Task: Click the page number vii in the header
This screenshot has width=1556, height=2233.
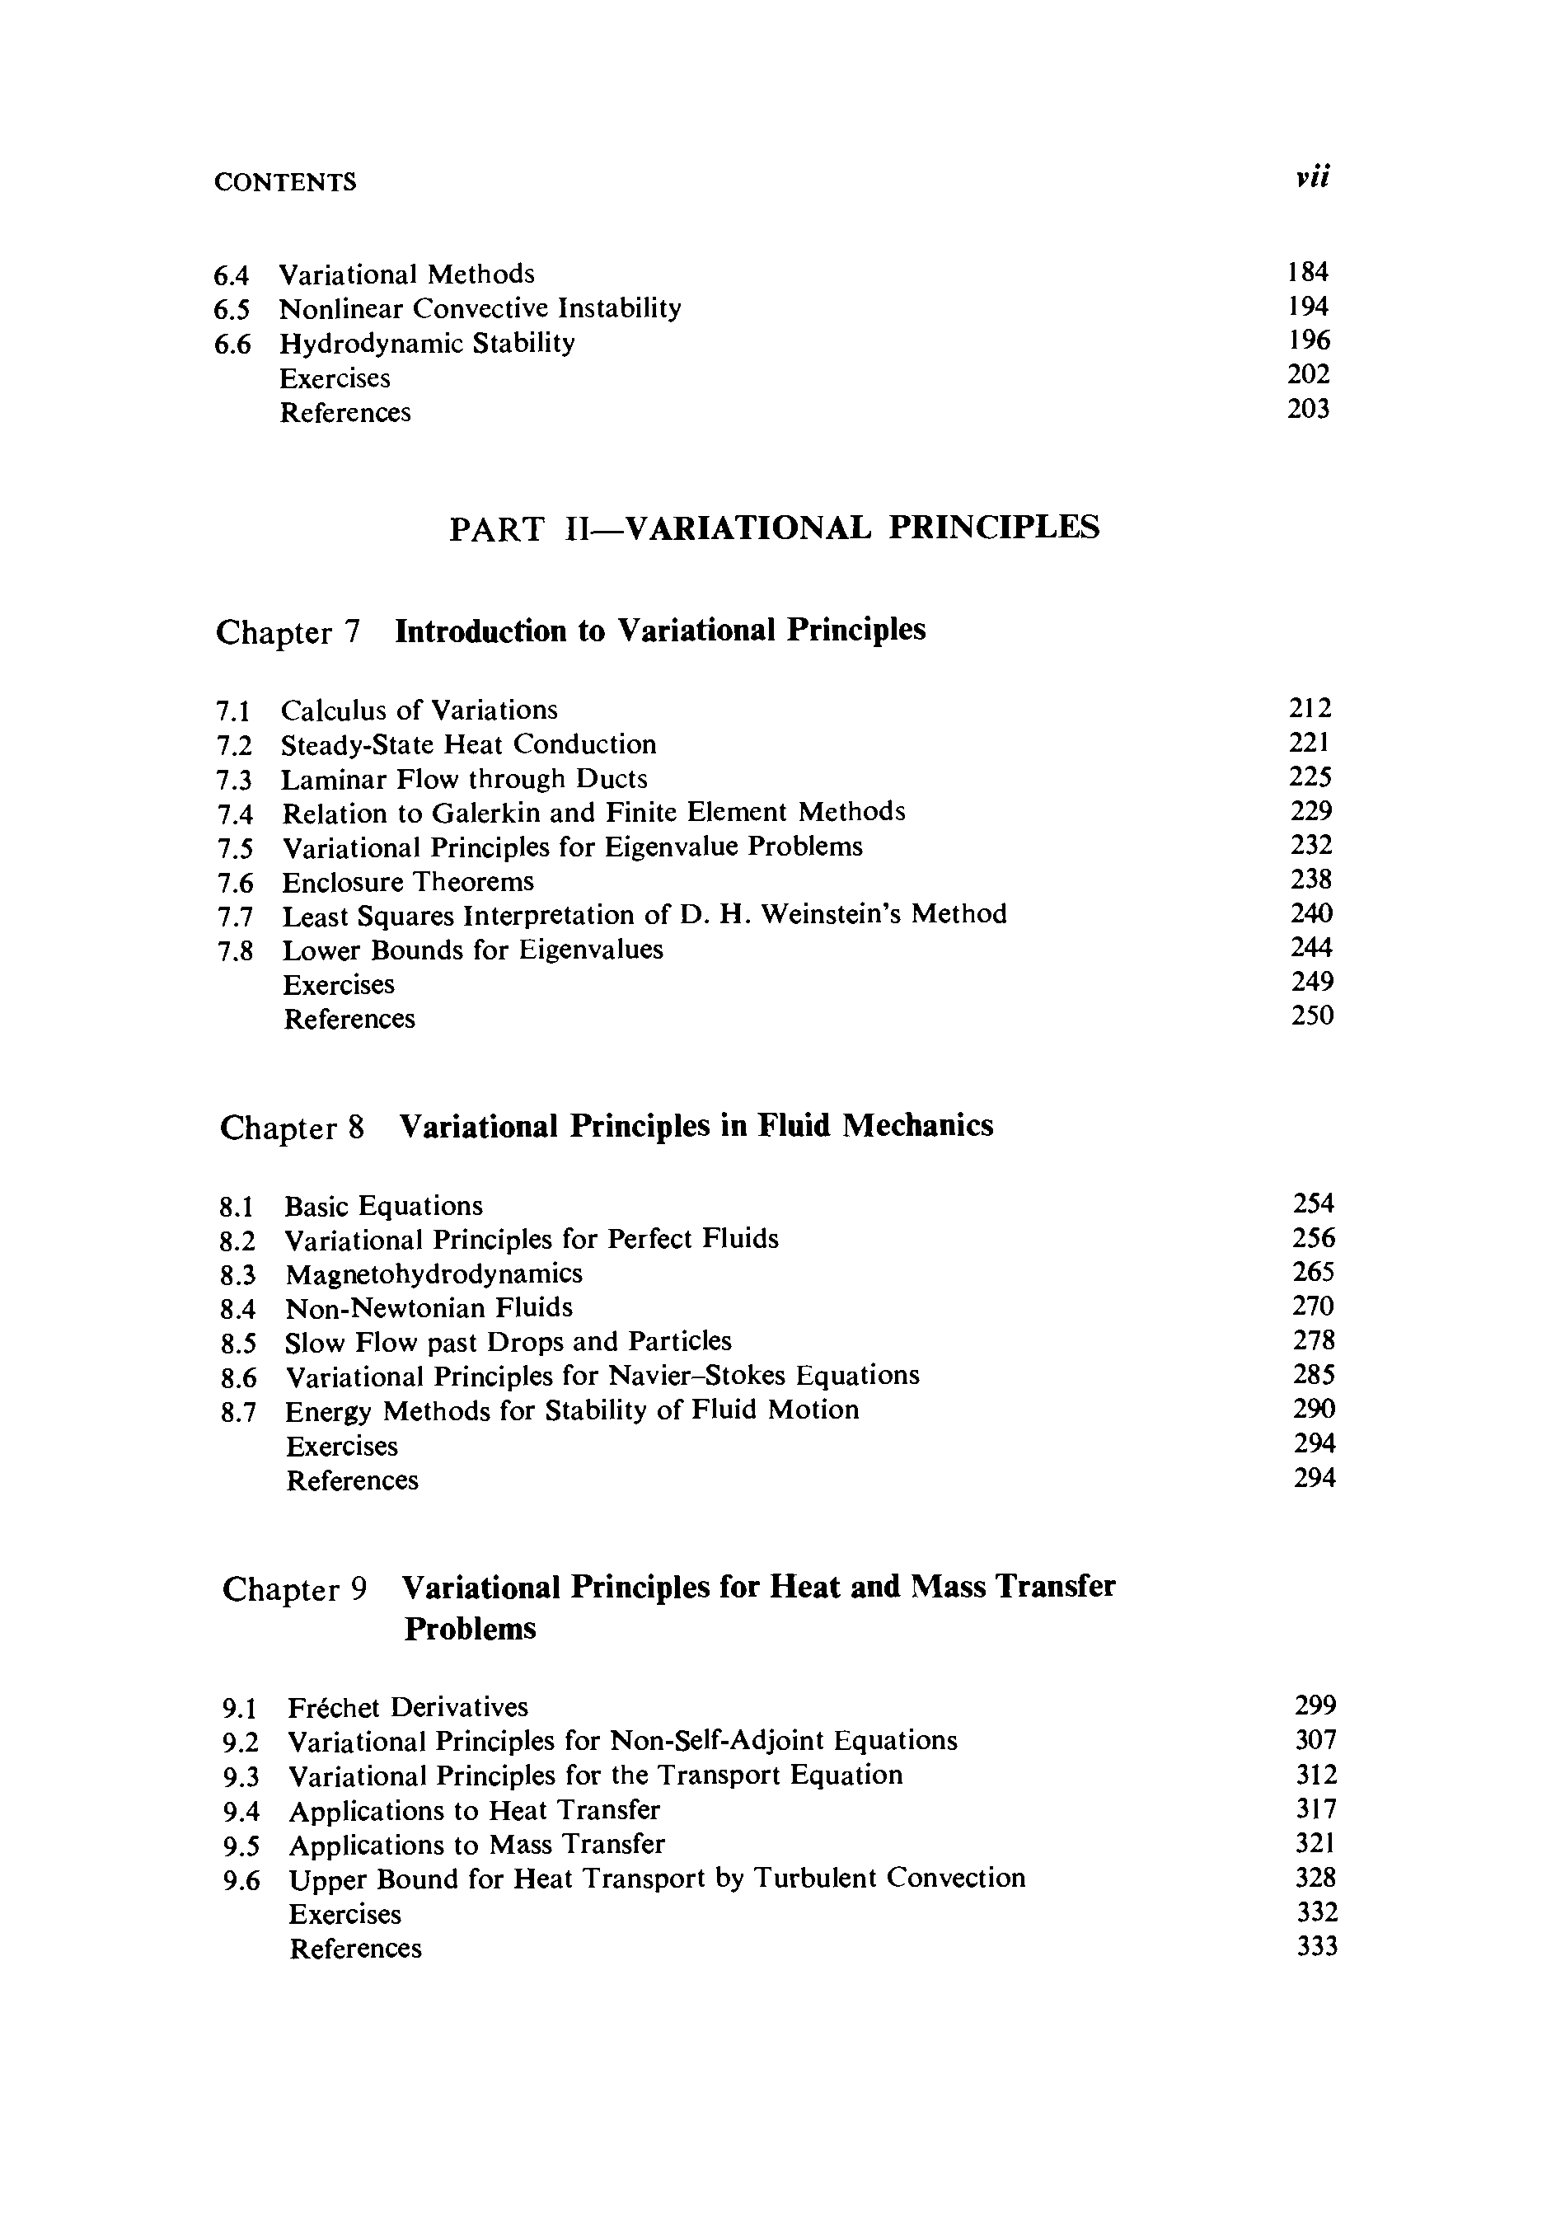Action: click(x=1312, y=177)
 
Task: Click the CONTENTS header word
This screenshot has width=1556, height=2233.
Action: click(x=285, y=183)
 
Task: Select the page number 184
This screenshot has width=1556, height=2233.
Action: click(x=1307, y=272)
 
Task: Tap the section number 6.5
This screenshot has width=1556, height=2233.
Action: click(x=232, y=310)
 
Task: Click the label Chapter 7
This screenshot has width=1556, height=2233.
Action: click(x=288, y=632)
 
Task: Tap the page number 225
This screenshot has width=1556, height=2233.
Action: click(x=1310, y=777)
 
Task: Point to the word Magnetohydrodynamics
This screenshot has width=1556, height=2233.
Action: click(x=434, y=1274)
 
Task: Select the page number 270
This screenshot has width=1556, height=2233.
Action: click(x=1313, y=1306)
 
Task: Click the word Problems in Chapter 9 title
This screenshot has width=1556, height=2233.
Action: click(x=470, y=1628)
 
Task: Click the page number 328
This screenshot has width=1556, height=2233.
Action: click(x=1316, y=1877)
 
